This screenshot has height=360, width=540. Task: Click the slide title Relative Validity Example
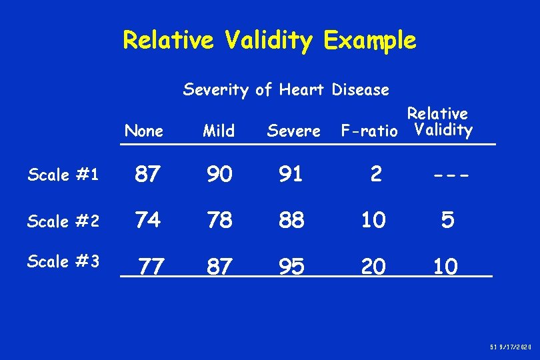coord(269,41)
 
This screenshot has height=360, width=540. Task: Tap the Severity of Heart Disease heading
coord(286,89)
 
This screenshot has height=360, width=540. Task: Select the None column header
coord(144,131)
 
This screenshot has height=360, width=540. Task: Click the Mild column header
coord(219,131)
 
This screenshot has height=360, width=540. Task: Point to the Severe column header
coord(293,131)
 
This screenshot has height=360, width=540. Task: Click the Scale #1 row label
coord(63,175)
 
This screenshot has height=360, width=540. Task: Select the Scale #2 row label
coord(63,221)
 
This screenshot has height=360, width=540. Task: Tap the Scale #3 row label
coord(63,261)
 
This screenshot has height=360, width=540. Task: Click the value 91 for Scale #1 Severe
coord(292,175)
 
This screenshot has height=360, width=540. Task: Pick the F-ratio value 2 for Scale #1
coord(377,175)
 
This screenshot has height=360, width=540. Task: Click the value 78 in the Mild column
coord(219,221)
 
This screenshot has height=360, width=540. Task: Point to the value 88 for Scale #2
coord(292,221)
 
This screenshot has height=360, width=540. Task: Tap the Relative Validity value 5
coord(448,221)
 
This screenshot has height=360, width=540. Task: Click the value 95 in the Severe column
coord(292,267)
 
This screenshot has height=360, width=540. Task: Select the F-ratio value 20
coord(373,267)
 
